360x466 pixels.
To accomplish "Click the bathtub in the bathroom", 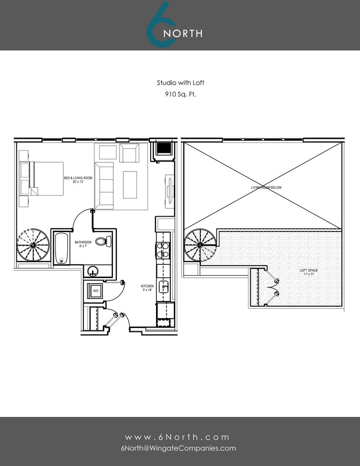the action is pyautogui.click(x=61, y=248).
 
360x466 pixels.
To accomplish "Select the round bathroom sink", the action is pyautogui.click(x=93, y=271).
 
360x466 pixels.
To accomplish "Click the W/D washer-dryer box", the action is pyautogui.click(x=96, y=290).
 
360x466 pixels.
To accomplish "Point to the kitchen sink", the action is pyautogui.click(x=164, y=287).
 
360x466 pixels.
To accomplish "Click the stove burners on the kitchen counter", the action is pyautogui.click(x=162, y=250).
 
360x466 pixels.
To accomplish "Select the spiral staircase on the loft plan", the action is pyautogui.click(x=199, y=244).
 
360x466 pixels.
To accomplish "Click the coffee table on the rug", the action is pyautogui.click(x=130, y=184).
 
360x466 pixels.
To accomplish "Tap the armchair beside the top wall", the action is pyautogui.click(x=129, y=153).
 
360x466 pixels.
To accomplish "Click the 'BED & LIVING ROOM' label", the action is pyautogui.click(x=78, y=180).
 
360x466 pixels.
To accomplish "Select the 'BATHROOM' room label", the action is pyautogui.click(x=83, y=242).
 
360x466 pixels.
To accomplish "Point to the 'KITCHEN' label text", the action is pyautogui.click(x=147, y=286).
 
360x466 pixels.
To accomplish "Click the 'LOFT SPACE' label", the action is pyautogui.click(x=309, y=271).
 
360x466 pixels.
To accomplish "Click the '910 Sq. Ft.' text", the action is pyautogui.click(x=180, y=95).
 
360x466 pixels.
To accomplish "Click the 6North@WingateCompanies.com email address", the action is pyautogui.click(x=178, y=448).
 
